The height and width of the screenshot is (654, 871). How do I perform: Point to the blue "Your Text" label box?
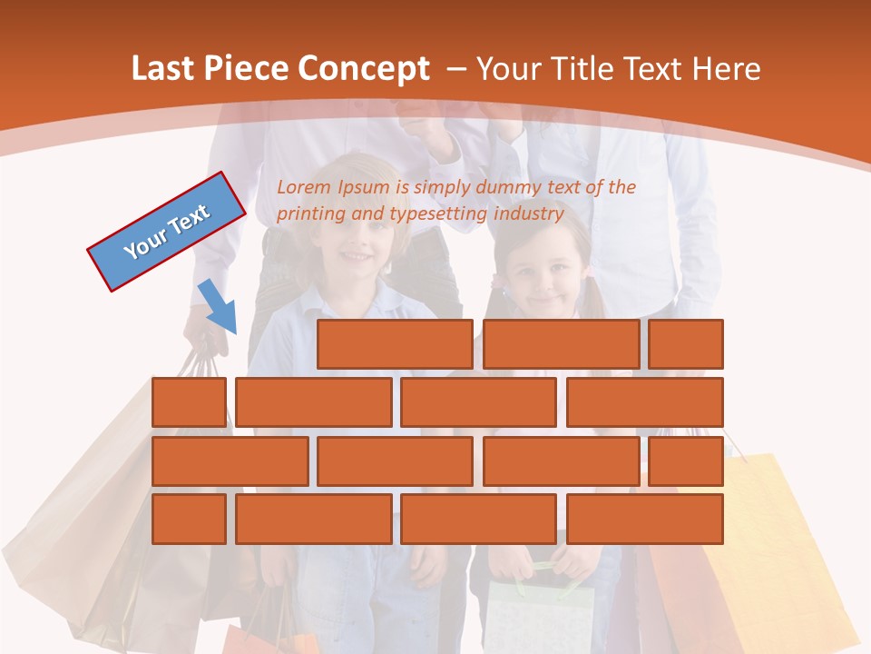tap(166, 232)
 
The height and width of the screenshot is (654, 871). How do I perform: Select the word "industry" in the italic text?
tap(529, 214)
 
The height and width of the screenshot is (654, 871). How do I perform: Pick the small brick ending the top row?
tap(686, 344)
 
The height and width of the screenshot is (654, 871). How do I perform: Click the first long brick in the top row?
tap(395, 344)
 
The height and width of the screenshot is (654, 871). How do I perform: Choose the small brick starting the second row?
tap(189, 402)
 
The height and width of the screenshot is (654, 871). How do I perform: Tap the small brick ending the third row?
tap(686, 461)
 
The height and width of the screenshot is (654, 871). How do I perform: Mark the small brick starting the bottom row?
tap(189, 519)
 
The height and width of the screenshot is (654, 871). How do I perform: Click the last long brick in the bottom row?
tap(645, 519)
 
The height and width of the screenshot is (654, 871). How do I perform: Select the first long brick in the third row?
tap(230, 461)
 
